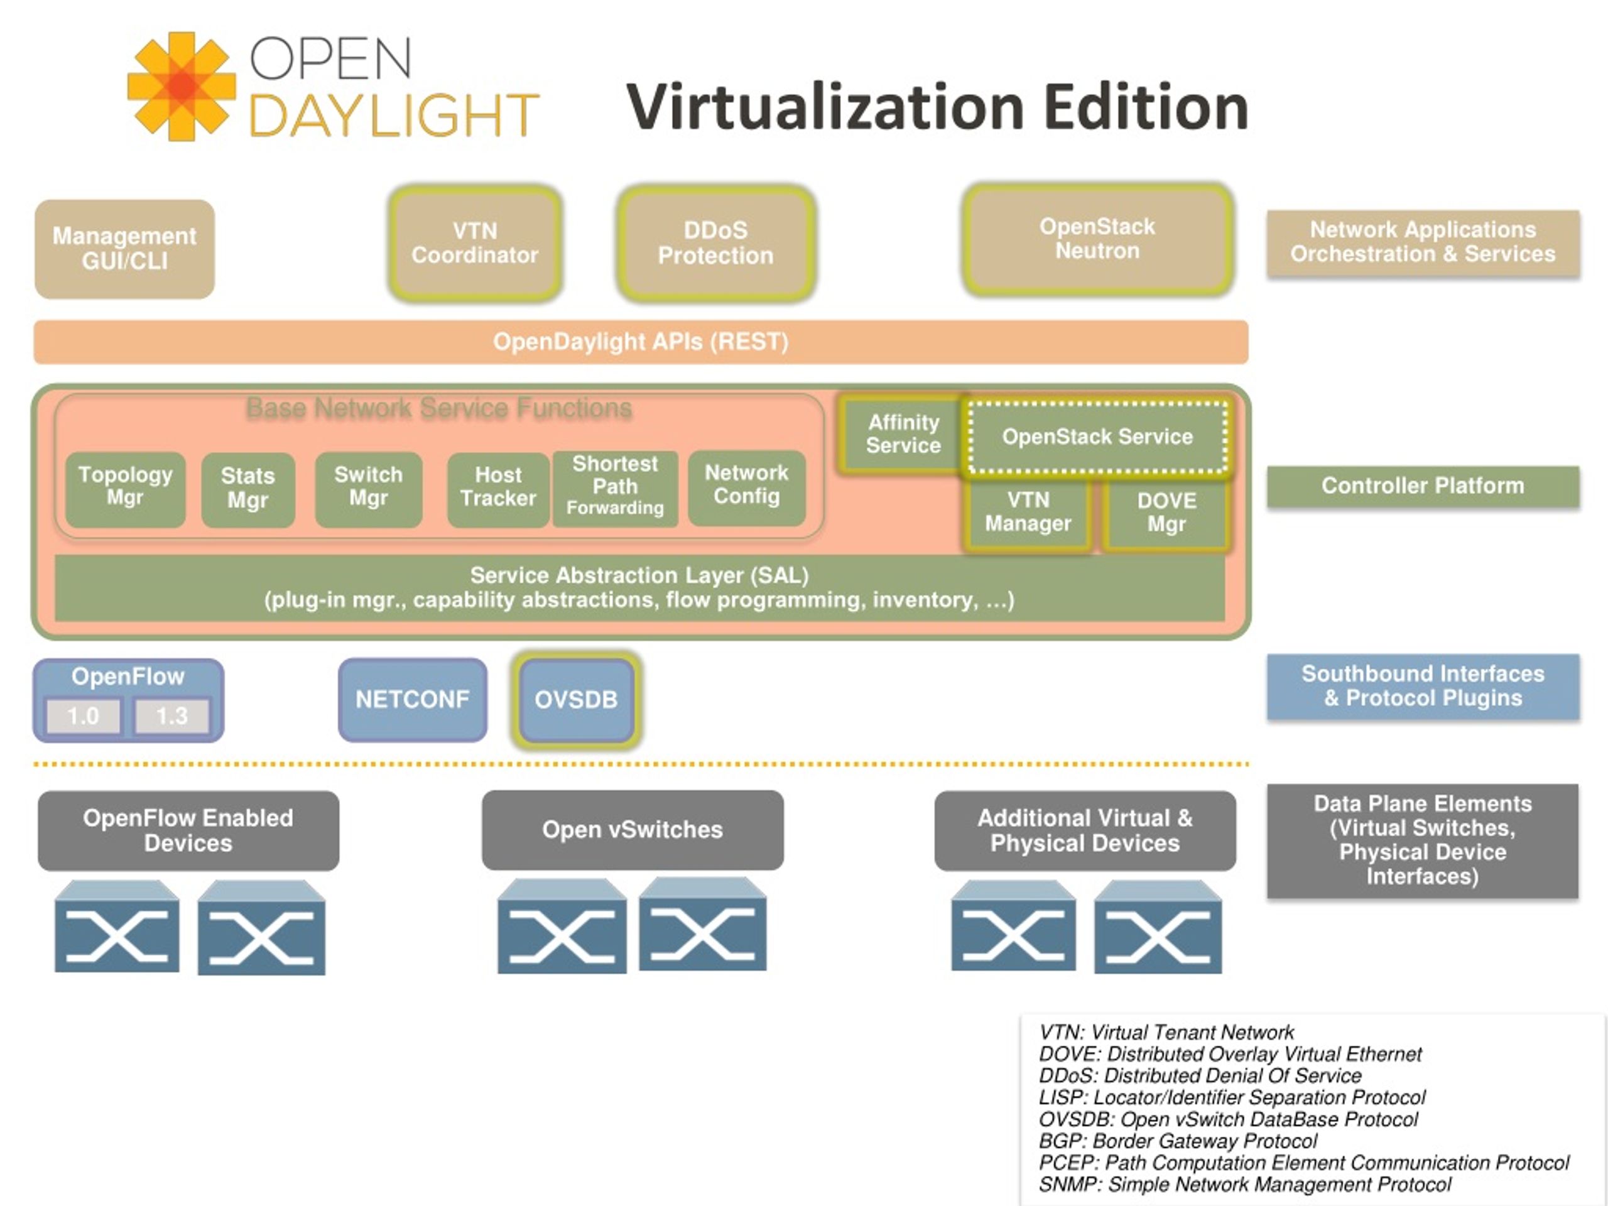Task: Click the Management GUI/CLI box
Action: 124,249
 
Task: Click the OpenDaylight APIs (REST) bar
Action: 641,342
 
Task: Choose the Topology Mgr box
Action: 125,489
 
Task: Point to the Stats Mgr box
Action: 248,489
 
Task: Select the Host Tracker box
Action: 498,489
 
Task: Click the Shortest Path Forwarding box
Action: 615,488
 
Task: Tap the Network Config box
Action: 747,487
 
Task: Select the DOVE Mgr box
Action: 1166,513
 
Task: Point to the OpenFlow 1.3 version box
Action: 172,716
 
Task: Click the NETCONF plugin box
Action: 412,699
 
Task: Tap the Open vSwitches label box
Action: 633,830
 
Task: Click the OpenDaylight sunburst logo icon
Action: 181,87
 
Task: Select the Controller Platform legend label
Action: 1423,486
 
